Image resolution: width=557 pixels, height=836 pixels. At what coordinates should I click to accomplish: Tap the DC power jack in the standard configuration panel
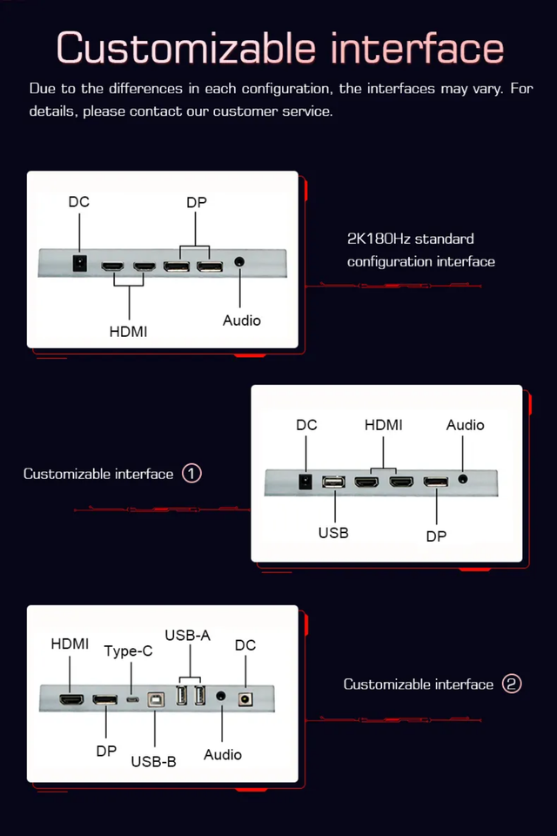click(79, 262)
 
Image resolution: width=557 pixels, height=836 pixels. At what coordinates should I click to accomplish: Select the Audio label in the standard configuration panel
click(241, 320)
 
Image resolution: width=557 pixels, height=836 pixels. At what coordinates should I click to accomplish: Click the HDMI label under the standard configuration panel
click(129, 331)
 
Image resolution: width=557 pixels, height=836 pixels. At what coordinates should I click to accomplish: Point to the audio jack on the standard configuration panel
click(240, 262)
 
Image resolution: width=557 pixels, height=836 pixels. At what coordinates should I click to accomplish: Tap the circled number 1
click(191, 474)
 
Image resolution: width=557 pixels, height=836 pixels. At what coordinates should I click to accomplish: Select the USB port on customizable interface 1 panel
click(334, 482)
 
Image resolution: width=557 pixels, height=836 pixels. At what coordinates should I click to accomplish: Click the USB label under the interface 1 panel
click(333, 531)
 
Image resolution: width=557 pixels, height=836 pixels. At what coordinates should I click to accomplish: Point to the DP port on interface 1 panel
click(436, 482)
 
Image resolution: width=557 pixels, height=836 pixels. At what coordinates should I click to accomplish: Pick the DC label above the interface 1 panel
click(306, 425)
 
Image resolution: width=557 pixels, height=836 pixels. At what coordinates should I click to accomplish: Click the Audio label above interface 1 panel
click(465, 425)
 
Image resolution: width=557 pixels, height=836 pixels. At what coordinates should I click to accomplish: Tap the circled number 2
click(512, 684)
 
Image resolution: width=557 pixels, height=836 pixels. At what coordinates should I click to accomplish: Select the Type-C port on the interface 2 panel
click(131, 698)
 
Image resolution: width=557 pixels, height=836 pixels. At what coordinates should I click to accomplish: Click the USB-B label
click(153, 761)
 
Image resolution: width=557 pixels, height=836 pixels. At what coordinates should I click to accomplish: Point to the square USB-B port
click(155, 698)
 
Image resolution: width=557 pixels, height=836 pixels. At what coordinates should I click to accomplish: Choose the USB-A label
click(188, 635)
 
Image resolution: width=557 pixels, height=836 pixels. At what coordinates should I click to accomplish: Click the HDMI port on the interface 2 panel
click(71, 698)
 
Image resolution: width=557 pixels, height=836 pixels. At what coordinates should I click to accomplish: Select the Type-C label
click(128, 651)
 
